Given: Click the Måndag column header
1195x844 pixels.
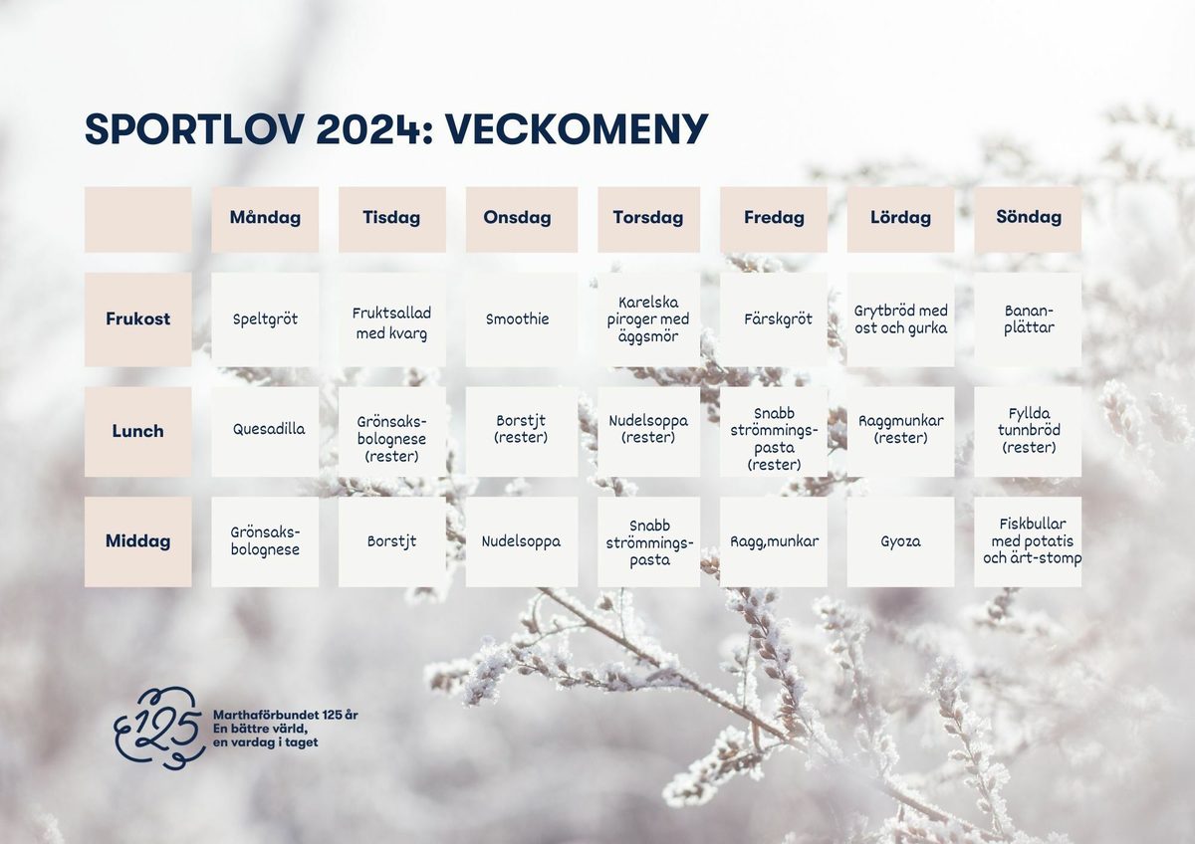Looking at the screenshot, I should [265, 218].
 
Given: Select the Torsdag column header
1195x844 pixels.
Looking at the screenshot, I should [648, 218].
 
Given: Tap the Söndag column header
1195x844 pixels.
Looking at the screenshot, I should [1028, 218].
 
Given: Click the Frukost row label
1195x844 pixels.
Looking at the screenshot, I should [137, 319].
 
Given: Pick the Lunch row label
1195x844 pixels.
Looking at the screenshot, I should [137, 431].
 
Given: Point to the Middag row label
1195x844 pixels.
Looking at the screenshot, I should [137, 541].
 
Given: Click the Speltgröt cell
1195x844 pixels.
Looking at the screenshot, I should [265, 319].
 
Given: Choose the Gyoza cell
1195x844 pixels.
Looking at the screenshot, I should [900, 541].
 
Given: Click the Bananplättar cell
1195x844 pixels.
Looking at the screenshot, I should [1028, 319].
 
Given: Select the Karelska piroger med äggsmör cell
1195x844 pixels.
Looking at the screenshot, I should [648, 319].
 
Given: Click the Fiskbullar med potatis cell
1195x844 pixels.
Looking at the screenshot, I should [1028, 541].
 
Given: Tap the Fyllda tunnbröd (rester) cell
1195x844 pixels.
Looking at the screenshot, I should [1028, 431].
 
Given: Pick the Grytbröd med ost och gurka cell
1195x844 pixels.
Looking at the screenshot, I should [900, 319].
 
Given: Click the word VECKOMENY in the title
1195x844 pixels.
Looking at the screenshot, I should [576, 129].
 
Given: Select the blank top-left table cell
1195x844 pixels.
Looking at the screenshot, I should [137, 219].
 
